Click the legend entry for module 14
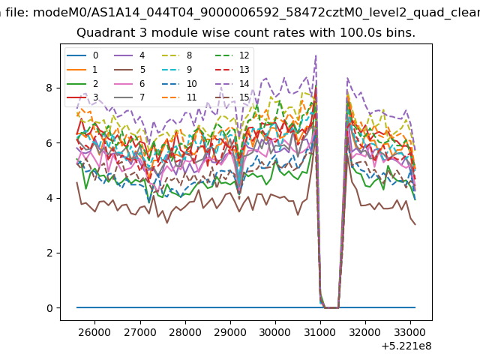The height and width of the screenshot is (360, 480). [x=232, y=83]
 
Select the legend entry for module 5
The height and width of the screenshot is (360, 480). [x=130, y=70]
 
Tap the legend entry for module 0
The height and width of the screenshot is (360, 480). [x=82, y=55]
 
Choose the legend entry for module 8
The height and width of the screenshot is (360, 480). [x=177, y=55]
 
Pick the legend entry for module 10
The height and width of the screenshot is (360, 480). [x=179, y=83]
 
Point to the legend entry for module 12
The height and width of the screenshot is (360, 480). [x=232, y=55]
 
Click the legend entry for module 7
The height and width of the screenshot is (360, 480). [x=130, y=97]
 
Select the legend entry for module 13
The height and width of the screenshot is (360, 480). [x=232, y=70]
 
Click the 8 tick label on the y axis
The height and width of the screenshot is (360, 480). [x=49, y=88]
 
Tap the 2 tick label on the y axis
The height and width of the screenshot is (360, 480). [x=49, y=253]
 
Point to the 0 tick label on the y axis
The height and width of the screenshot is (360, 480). [x=49, y=308]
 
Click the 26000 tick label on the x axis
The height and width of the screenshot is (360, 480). [x=94, y=332]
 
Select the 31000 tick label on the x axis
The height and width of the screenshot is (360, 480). [x=320, y=332]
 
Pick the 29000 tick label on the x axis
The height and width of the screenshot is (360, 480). [x=230, y=332]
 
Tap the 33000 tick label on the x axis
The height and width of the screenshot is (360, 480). [x=410, y=332]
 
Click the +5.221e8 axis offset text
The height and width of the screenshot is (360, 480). [x=406, y=346]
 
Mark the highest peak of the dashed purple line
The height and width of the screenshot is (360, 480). [x=316, y=55]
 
